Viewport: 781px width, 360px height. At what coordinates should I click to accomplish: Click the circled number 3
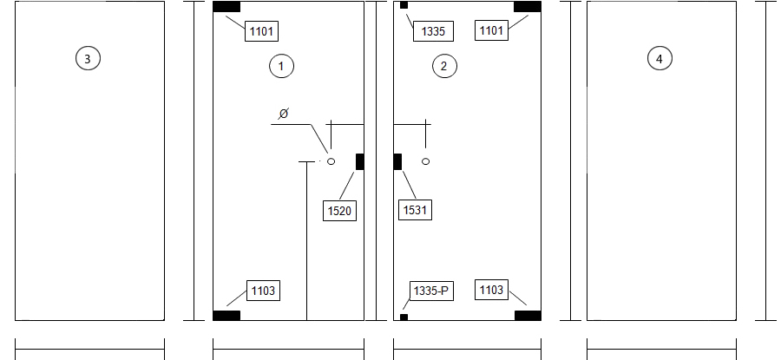click(x=88, y=58)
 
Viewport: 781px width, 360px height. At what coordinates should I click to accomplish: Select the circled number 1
click(x=281, y=66)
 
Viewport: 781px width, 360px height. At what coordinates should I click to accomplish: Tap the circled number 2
click(x=443, y=66)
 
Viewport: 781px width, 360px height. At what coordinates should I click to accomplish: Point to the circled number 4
click(x=660, y=59)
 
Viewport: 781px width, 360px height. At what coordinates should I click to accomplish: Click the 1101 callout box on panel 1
click(x=261, y=31)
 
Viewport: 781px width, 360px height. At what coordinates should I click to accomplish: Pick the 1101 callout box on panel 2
click(x=492, y=30)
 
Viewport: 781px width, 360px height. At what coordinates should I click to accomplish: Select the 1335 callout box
click(x=433, y=31)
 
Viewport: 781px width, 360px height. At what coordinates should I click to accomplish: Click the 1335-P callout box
click(x=432, y=291)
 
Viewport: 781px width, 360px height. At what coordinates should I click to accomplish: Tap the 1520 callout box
click(x=339, y=211)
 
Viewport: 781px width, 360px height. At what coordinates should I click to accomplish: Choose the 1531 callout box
click(x=416, y=210)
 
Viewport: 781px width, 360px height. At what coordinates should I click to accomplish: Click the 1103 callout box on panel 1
click(x=264, y=291)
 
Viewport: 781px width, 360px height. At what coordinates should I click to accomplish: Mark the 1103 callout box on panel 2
click(x=492, y=290)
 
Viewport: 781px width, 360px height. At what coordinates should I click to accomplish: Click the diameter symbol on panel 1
click(x=284, y=114)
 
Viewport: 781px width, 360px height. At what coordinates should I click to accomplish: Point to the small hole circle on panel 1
click(x=331, y=161)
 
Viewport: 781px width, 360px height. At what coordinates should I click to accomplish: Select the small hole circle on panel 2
click(x=425, y=161)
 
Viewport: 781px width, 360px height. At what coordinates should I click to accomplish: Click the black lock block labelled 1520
click(x=359, y=162)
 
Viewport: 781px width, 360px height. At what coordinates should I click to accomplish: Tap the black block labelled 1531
click(x=397, y=162)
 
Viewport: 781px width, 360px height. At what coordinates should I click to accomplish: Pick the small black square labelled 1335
click(x=404, y=5)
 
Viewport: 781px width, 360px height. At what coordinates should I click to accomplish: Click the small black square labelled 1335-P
click(x=404, y=317)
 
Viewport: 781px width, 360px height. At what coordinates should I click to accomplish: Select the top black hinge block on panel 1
click(x=226, y=6)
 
